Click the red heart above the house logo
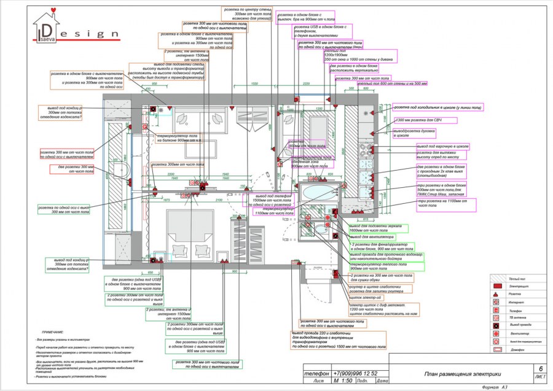[56, 9]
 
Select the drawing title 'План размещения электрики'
[463, 374]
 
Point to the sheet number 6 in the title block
[540, 368]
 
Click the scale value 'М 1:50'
[343, 381]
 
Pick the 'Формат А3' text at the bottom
[495, 387]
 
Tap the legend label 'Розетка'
[519, 295]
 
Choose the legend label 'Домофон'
[519, 349]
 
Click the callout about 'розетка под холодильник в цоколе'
[437, 107]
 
